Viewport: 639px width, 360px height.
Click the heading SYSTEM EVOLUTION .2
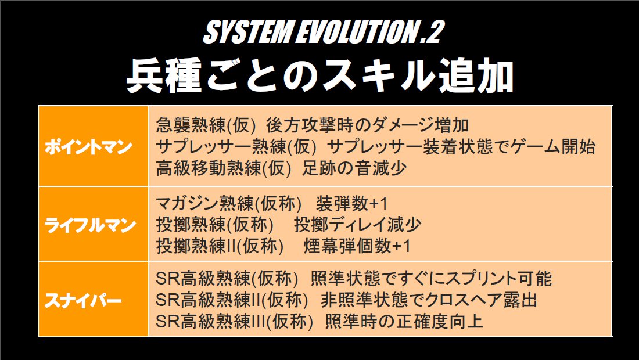pos(322,32)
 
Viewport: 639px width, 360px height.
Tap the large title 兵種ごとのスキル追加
pos(320,77)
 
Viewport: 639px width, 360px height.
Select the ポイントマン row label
pos(88,147)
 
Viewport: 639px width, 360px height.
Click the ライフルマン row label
pos(90,225)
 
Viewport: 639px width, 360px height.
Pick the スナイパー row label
pos(83,301)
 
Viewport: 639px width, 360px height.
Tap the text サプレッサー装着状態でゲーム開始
pos(461,147)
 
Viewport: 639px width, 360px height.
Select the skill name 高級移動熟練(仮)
pos(224,168)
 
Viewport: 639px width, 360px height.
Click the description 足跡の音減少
pos(354,168)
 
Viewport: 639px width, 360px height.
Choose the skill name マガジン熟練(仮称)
pos(229,204)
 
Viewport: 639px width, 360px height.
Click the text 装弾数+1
pos(351,204)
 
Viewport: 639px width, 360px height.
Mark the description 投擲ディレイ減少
pos(357,225)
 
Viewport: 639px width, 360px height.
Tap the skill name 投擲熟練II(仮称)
pos(220,246)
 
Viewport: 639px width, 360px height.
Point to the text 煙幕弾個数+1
pos(357,246)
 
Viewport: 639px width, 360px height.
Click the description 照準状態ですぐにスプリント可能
pos(431,279)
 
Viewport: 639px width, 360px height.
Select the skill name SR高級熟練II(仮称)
pos(232,300)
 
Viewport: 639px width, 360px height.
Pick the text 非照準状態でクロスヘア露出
pos(429,300)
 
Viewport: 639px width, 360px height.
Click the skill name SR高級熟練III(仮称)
pos(234,321)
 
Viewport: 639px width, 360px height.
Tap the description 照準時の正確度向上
pos(404,321)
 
